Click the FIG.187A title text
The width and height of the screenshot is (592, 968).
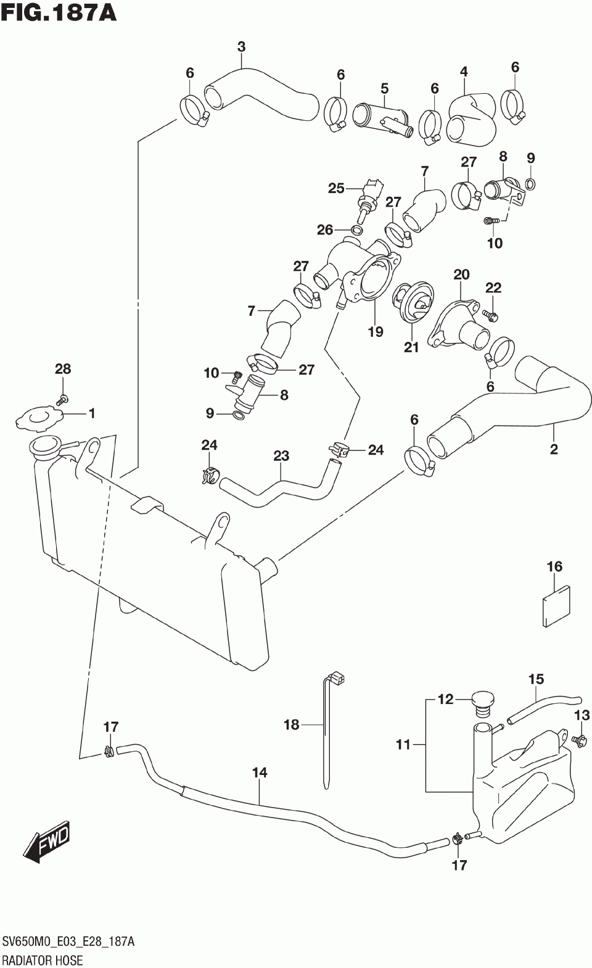tap(59, 12)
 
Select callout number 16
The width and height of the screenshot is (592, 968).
tap(554, 566)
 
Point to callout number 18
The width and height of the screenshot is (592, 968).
tap(291, 724)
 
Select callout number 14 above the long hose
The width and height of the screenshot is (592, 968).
tap(260, 772)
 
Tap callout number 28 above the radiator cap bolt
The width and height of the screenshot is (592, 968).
tap(63, 369)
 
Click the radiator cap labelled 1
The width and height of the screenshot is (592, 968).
tap(39, 418)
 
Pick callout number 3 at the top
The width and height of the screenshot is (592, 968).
tap(241, 46)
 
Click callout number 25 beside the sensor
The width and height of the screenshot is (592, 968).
tap(336, 188)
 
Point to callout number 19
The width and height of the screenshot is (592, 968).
tap(376, 331)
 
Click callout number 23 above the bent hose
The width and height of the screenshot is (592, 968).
tap(281, 456)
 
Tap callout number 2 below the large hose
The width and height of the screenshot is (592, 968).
tap(553, 449)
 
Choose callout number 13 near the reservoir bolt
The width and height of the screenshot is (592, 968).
tap(582, 716)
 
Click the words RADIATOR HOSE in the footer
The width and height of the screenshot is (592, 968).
tap(43, 960)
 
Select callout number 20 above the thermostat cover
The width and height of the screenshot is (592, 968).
tap(461, 275)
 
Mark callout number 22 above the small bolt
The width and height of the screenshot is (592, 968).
tap(493, 288)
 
